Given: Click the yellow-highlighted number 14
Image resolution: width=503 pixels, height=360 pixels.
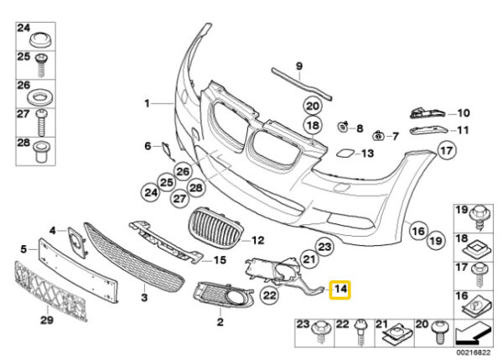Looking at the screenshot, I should coord(341,291).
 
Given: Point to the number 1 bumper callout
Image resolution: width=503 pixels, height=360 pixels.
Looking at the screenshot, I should coord(146,104).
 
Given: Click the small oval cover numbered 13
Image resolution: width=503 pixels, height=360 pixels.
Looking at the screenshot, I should coord(345,154).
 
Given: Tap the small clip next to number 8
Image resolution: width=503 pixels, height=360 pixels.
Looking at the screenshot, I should coord(343,127).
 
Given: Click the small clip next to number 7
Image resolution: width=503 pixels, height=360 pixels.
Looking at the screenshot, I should coord(380,134).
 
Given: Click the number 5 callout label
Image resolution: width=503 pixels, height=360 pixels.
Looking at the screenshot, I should coord(24,248).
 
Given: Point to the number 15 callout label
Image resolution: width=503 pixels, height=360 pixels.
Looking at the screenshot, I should coord(220,260).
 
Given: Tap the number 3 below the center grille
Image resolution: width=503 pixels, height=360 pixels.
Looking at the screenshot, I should coord(144,297).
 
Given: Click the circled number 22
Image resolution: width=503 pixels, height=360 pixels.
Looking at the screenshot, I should coord(270,295).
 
